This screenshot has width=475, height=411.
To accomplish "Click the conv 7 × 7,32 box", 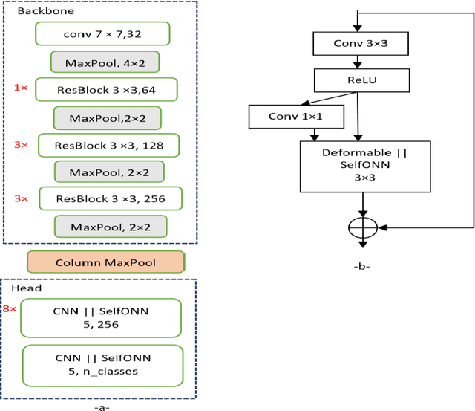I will click(102, 33).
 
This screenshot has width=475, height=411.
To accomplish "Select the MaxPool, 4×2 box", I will click(105, 62).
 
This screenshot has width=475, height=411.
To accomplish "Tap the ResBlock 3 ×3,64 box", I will click(106, 90).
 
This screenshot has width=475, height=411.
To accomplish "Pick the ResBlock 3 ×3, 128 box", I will click(108, 145).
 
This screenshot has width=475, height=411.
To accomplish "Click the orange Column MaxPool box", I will click(105, 262).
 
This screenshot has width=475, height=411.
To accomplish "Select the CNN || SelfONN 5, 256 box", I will click(101, 317).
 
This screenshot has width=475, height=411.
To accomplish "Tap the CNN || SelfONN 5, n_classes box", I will click(102, 365).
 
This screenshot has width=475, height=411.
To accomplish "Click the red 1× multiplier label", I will click(20, 88).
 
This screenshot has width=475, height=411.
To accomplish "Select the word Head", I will click(27, 288).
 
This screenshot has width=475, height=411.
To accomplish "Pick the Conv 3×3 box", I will click(361, 43).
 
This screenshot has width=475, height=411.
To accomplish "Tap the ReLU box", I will click(361, 79).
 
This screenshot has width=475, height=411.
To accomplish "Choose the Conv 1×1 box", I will click(297, 116).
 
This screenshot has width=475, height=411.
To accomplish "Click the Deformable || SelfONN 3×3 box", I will click(364, 166).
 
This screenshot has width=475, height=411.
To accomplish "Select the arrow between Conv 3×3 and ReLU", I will click(361, 62).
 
